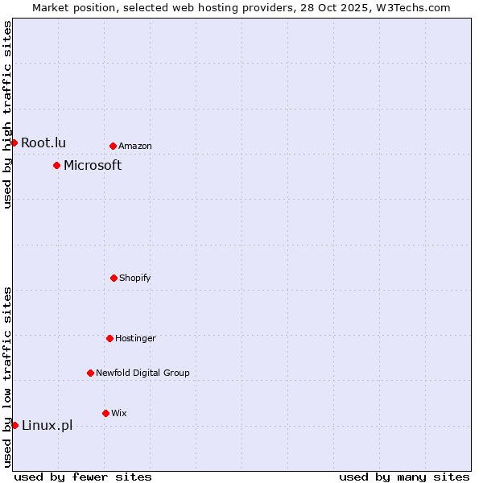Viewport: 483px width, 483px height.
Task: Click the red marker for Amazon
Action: (x=113, y=146)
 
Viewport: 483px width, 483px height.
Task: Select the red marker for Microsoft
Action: (x=56, y=165)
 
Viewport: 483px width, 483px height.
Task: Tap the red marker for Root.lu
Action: (x=14, y=142)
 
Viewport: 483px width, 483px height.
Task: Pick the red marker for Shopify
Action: (x=114, y=278)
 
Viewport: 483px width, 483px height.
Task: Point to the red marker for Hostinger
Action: (x=109, y=338)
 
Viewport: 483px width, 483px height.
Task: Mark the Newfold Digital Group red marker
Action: (x=90, y=373)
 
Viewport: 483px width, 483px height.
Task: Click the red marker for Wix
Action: (x=105, y=413)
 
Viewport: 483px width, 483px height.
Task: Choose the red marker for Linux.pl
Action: (x=14, y=425)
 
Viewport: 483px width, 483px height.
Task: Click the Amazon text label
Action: (x=135, y=146)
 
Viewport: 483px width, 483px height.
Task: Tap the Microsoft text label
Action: (x=93, y=165)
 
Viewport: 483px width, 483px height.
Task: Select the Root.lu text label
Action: (x=43, y=142)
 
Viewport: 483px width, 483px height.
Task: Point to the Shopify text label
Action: (x=135, y=278)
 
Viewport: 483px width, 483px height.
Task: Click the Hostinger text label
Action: (x=135, y=338)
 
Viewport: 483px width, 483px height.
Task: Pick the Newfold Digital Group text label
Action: (x=142, y=373)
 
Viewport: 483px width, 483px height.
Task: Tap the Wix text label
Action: (x=119, y=413)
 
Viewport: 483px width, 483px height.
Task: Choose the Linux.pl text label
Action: (x=47, y=425)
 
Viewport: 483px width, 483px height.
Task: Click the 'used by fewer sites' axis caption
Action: (x=83, y=477)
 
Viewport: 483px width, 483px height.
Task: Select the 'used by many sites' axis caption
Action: (x=404, y=477)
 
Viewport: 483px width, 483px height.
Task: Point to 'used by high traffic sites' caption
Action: (x=7, y=114)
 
